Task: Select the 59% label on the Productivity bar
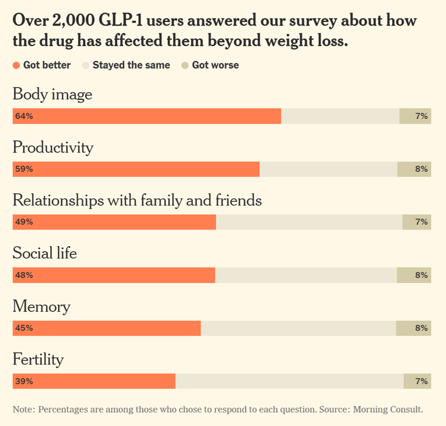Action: coord(24,169)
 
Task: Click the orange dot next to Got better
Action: coord(17,65)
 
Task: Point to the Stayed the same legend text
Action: coord(131,65)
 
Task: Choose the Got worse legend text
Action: coord(215,65)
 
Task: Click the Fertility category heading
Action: coord(38,359)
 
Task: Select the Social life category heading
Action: coord(44,253)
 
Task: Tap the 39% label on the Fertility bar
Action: coord(24,382)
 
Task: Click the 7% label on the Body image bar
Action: coord(421,116)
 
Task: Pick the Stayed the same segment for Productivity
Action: coord(328,169)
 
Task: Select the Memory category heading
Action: coord(41,306)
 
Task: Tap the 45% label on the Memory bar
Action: coord(24,328)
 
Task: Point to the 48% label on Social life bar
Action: coord(24,275)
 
